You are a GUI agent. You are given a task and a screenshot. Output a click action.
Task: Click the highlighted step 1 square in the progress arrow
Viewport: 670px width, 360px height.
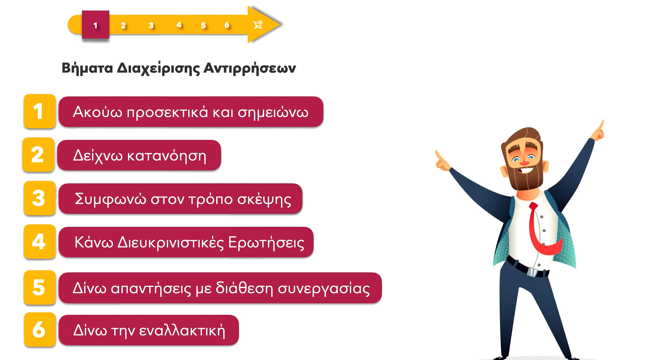[x=96, y=25]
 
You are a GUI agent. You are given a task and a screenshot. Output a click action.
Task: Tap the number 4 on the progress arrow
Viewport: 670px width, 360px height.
[x=179, y=25]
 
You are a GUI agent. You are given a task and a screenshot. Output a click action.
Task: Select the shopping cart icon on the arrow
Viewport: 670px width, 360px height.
[x=258, y=25]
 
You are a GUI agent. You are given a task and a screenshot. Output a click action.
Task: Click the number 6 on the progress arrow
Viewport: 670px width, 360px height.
[x=227, y=25]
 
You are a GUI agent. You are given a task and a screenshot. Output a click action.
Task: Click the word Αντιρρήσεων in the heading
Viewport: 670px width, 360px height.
[x=250, y=68]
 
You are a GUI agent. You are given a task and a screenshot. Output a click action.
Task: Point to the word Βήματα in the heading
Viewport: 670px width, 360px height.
[x=87, y=68]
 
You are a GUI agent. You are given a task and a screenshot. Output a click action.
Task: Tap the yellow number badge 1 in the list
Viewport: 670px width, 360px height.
[x=40, y=111]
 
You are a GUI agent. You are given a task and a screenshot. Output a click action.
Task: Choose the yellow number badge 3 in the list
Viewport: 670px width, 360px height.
[x=40, y=198]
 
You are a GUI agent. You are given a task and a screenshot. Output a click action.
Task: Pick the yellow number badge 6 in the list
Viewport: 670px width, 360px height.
[x=40, y=330]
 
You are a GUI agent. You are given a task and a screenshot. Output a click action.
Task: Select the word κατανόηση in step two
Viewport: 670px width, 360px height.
[x=166, y=156]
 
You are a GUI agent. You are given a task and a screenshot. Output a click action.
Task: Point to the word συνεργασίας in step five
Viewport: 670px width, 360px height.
[x=324, y=288]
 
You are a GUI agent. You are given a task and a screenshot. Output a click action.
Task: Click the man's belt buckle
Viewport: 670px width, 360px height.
[x=532, y=272]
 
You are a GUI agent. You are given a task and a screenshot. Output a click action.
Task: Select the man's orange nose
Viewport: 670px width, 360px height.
[x=524, y=162]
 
